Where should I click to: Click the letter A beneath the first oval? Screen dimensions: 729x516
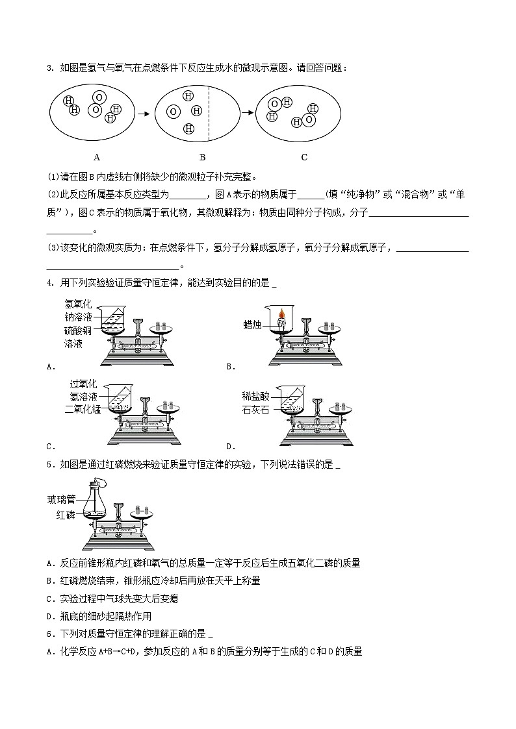97,157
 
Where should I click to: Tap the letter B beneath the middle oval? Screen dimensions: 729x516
202,157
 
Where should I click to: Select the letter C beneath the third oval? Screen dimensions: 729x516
304,157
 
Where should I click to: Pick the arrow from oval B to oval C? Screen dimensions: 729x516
248,113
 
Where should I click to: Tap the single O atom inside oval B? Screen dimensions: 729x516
173,112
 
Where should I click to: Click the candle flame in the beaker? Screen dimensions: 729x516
281,315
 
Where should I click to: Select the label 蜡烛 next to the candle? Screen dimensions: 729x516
253,325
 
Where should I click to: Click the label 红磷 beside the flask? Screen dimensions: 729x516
66,515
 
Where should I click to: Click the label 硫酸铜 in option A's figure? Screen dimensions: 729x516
78,330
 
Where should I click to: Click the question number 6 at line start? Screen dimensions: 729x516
49,634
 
